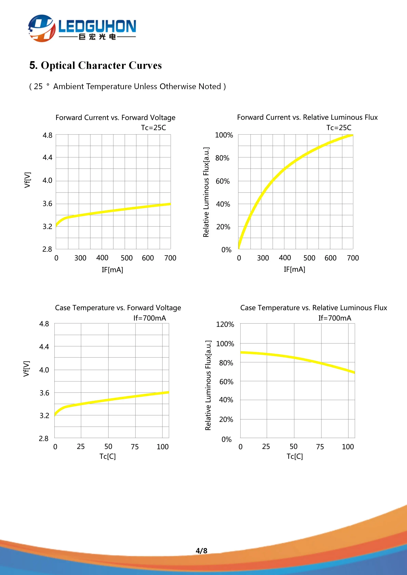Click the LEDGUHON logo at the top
[82, 28]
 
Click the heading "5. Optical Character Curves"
[96, 65]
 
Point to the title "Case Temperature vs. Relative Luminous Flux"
[313, 308]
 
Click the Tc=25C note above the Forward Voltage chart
[153, 128]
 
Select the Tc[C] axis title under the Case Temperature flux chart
[295, 456]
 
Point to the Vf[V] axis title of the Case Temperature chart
[26, 369]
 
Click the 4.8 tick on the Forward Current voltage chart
[47, 135]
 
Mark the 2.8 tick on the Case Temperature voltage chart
[44, 439]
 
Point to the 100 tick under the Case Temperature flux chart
[348, 447]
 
